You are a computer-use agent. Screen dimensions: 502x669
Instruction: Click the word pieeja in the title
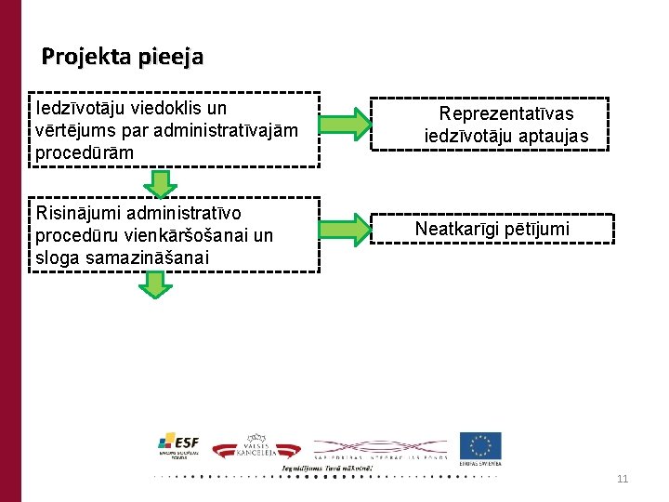click(x=169, y=58)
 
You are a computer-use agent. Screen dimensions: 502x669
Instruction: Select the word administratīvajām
click(x=220, y=130)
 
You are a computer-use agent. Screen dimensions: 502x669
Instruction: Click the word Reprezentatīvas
click(x=506, y=113)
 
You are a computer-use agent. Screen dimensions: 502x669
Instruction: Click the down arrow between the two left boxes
click(x=159, y=183)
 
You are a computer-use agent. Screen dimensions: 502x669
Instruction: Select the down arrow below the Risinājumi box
click(x=155, y=284)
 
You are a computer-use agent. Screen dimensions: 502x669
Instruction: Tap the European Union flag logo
click(x=479, y=447)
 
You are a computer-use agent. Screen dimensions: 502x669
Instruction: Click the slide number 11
click(x=623, y=479)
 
